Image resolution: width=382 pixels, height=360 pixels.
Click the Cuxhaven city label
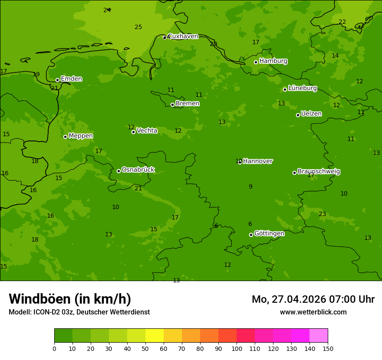tap(183, 36)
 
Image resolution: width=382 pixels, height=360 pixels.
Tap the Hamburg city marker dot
tap(256, 62)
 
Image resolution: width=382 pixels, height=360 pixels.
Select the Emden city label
tap(71, 79)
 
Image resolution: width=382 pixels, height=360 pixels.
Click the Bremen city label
tap(187, 104)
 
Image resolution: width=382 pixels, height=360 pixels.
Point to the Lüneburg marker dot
tap(285, 89)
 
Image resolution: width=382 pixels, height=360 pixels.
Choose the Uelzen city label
tap(311, 114)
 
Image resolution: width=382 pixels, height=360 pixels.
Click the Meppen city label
tap(81, 136)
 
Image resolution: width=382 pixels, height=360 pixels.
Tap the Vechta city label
tap(147, 131)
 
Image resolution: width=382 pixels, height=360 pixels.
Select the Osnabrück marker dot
tap(119, 171)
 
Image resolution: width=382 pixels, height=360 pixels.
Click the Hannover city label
tap(257, 161)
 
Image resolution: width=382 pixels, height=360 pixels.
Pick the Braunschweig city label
tap(319, 172)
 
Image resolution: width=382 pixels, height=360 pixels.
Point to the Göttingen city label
tap(269, 234)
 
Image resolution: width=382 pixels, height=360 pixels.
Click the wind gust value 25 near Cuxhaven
tap(138, 27)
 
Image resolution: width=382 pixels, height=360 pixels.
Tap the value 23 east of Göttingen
tap(322, 214)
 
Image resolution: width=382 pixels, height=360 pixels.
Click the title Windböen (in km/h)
tap(70, 299)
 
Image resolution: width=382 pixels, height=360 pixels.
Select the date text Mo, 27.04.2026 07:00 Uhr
tap(313, 299)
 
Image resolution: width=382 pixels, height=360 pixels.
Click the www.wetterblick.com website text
tap(313, 312)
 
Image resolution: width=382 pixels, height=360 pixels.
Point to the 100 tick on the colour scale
tap(237, 348)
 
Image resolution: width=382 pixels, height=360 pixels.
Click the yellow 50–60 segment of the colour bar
tap(155, 335)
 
